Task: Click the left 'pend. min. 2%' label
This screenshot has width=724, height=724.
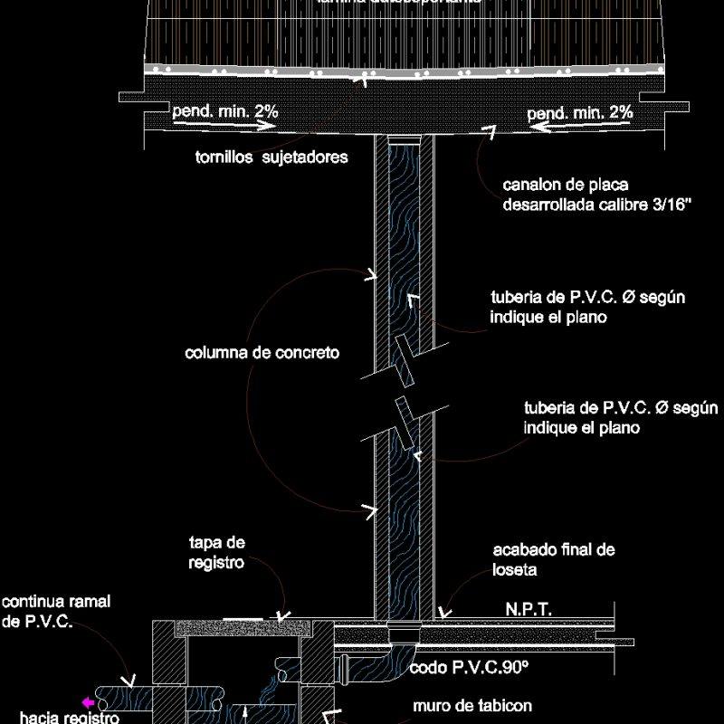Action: pos(224,111)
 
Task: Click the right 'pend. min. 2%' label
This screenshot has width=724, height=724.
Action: pos(580,113)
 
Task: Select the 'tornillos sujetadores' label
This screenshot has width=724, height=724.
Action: pos(272,157)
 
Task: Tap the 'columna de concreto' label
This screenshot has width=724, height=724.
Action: pos(262,353)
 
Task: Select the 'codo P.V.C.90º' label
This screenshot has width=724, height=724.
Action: pos(469,670)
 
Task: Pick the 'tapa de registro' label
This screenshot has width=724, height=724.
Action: pos(217,552)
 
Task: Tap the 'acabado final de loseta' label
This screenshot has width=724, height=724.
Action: pos(554,559)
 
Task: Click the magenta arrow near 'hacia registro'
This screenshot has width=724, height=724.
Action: pos(88,702)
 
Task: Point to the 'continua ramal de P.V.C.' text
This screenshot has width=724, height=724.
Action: pos(55,612)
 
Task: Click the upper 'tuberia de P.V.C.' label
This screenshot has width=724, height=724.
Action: pos(579,308)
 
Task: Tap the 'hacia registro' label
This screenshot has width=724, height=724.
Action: pos(70,718)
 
